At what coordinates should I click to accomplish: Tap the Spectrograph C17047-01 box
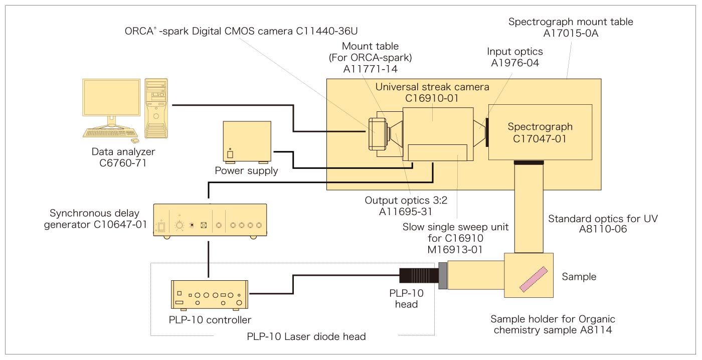540,132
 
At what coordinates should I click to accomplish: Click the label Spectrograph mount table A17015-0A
570,28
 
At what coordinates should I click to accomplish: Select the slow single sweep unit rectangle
438,152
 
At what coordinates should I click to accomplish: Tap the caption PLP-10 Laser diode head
306,336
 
